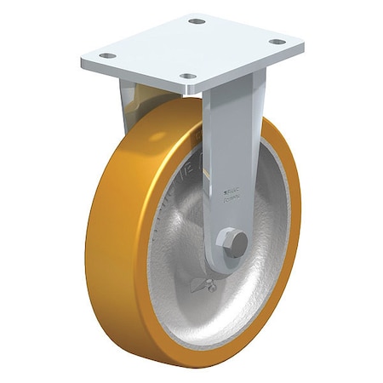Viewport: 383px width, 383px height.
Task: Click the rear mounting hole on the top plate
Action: [x=197, y=20]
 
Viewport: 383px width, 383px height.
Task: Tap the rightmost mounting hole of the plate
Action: [x=277, y=41]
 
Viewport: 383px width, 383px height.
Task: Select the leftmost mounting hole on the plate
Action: [x=107, y=55]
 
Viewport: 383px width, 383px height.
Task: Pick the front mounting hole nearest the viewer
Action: [x=187, y=77]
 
